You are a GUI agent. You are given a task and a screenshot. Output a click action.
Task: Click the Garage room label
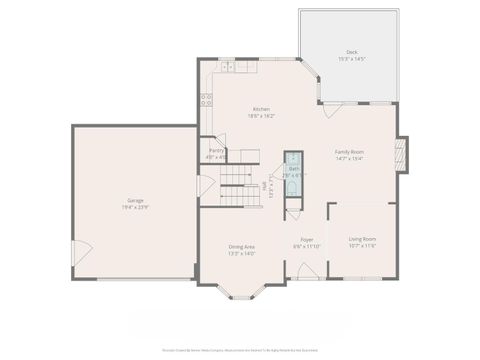tap(134, 200)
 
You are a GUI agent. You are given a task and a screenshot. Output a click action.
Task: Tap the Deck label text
tap(351, 52)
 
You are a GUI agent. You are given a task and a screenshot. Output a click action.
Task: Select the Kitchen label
tap(261, 109)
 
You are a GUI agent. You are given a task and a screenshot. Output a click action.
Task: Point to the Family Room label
tap(349, 151)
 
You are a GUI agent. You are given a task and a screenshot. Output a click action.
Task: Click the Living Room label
tap(362, 238)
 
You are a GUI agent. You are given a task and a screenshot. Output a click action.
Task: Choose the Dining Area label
tap(242, 247)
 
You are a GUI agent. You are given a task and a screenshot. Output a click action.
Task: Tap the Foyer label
tap(306, 239)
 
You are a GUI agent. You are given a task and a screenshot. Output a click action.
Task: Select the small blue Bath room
tap(293, 166)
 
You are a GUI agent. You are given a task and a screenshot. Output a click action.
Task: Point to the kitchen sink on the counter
tap(227, 67)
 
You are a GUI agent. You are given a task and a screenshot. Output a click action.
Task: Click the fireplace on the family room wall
tap(402, 153)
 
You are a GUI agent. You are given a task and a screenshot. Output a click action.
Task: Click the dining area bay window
tap(242, 294)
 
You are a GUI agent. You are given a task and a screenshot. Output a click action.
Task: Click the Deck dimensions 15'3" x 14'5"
tap(351, 60)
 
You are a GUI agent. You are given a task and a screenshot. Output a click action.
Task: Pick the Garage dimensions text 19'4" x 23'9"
tap(134, 207)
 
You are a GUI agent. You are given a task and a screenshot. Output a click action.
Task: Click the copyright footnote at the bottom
tap(240, 351)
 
